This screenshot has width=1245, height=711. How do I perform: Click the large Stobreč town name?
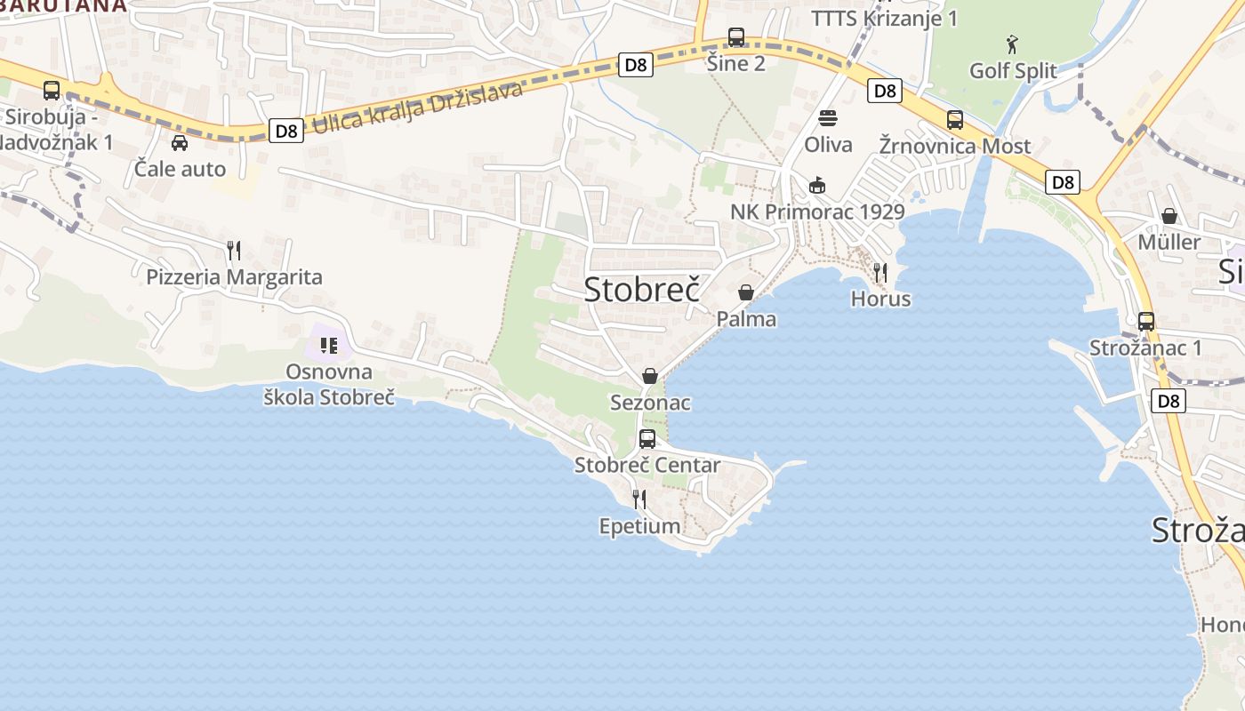coord(642,288)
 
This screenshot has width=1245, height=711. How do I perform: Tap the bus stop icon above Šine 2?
coord(736,37)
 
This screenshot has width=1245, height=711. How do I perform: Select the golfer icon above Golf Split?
coord(1012,44)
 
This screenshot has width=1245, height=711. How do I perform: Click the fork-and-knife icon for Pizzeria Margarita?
coord(234,250)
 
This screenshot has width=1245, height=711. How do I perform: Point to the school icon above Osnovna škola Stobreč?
coord(329,345)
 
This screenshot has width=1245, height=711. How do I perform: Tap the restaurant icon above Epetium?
coord(639,499)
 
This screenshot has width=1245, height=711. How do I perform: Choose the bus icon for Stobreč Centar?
coord(647,438)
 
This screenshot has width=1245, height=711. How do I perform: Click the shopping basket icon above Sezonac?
coord(650,376)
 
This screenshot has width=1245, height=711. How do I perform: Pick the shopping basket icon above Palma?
coord(746,292)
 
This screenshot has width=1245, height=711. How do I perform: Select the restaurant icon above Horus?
coord(880,272)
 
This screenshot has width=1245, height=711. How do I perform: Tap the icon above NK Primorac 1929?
coord(817,185)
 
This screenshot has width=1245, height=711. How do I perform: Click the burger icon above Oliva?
coord(828,118)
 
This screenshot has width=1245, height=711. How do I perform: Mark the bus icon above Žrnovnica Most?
coord(955,119)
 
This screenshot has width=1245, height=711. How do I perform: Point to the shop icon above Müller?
coord(1169,216)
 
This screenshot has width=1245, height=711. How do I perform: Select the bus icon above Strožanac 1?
coord(1146,321)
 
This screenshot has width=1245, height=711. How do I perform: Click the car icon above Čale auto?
coord(180,142)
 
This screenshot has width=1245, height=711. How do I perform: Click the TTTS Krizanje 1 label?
coord(884,18)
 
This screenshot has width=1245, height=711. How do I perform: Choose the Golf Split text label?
coord(1013,70)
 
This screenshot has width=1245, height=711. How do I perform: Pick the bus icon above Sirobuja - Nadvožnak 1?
coord(52,90)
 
